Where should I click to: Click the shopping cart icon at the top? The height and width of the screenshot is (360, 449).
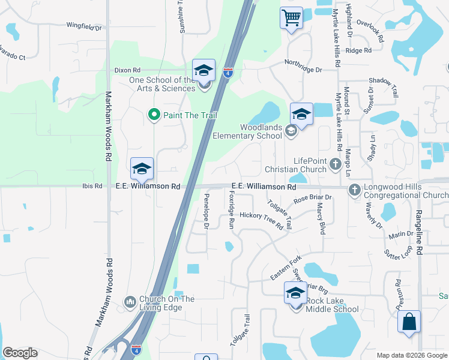coord(291,18)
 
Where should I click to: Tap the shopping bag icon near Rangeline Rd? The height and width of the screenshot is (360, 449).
coord(409,321)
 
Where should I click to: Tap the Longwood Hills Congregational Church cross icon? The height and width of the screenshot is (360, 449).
coord(354,190)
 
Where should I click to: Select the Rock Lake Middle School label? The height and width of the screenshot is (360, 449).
coord(332,305)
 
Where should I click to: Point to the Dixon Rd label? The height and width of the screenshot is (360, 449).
coord(127,70)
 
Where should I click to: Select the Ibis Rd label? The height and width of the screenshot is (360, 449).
coord(92,187)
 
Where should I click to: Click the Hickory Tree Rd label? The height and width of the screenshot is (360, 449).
coord(261,220)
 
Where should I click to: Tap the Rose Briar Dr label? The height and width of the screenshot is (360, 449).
coord(313,197)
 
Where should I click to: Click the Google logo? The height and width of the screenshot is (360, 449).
coord(20,353)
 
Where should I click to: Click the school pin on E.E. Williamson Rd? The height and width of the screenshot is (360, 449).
coord(142,169)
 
